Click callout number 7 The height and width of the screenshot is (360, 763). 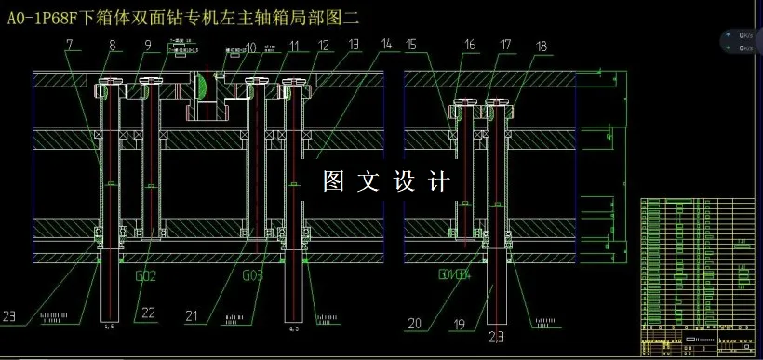tap(70, 44)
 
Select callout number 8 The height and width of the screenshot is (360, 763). tap(113, 44)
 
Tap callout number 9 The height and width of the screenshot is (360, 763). tap(147, 44)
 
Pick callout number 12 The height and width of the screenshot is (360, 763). tap(323, 44)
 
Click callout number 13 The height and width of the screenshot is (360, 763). tap(353, 44)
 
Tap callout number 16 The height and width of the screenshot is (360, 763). tap(470, 44)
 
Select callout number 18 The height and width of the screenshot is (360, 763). tap(542, 44)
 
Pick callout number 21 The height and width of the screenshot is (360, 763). tap(192, 316)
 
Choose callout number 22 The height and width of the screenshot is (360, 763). tap(149, 313)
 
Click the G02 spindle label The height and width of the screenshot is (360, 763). tap(146, 276)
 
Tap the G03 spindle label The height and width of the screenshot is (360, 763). tap(253, 276)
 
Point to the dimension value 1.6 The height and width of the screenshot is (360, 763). tap(109, 327)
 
